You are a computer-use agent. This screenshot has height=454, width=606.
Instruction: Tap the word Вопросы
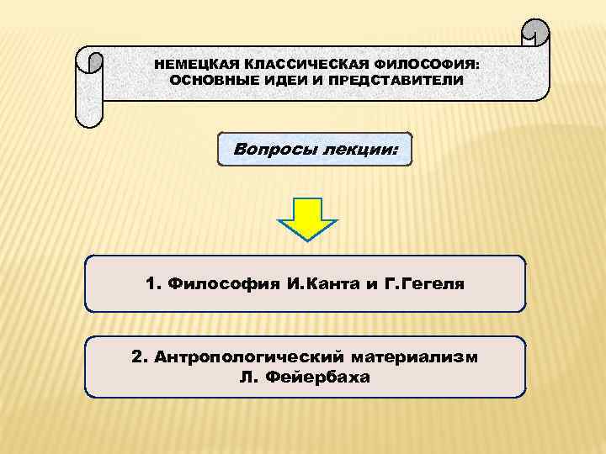tap(274, 150)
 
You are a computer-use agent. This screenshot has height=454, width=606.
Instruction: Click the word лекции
tap(360, 150)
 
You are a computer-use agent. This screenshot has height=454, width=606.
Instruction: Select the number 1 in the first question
tap(151, 284)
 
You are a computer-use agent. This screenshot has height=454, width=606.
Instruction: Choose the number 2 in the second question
tap(137, 357)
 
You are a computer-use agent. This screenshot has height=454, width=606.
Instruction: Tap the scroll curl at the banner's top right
tap(535, 33)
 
